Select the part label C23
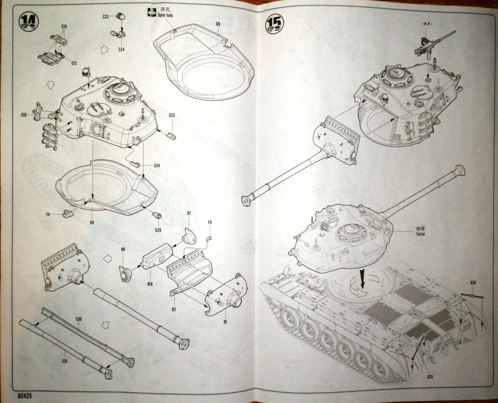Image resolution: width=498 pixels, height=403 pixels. point(105,17)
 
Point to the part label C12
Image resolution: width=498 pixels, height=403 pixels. point(74,63)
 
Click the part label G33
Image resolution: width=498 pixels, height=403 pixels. point(172,115)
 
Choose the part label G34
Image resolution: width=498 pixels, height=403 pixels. point(157,166)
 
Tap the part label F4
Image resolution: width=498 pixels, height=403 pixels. point(48,214)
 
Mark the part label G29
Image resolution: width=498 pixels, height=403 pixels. point(158,230)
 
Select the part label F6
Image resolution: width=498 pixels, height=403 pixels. point(210,222)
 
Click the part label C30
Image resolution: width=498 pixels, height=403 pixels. point(79,319)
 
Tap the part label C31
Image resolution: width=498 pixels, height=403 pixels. point(65,360)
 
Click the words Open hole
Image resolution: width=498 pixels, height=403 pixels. point(166,16)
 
